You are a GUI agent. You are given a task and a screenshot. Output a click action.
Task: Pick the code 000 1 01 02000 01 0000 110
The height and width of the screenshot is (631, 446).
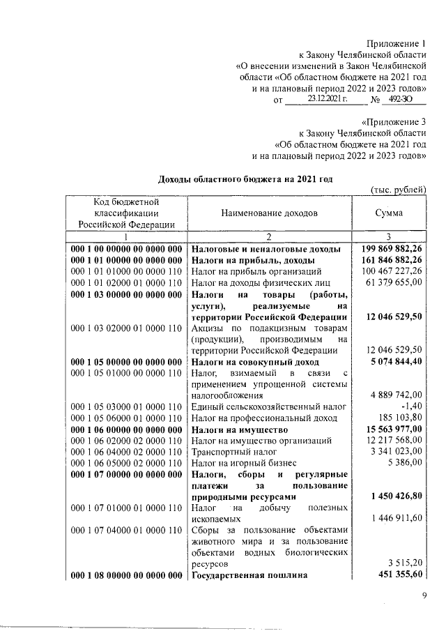point(127,282)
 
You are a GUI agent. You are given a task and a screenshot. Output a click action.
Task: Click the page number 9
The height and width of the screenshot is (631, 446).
point(424,595)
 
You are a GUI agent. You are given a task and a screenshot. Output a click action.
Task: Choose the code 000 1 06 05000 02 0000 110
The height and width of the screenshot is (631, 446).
point(127,462)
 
